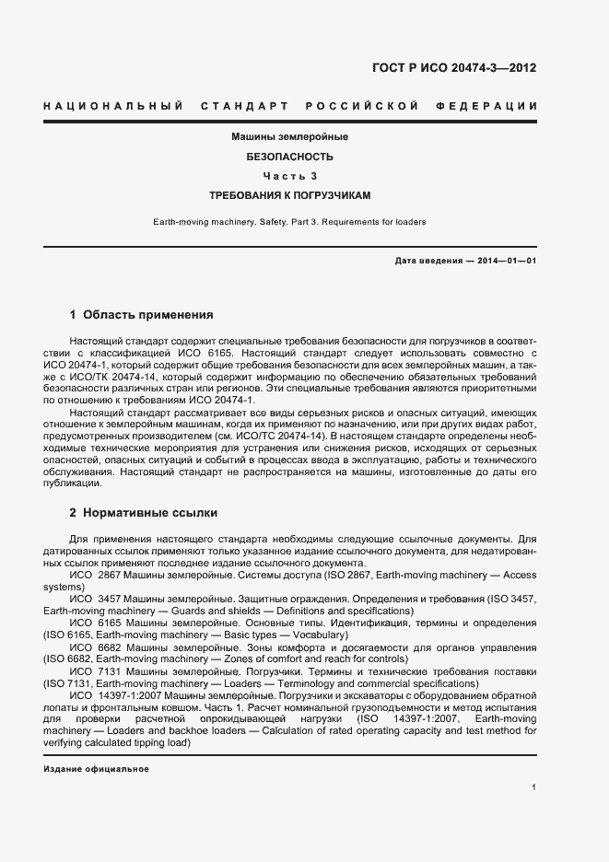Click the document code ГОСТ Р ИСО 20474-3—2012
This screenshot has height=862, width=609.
pos(454,67)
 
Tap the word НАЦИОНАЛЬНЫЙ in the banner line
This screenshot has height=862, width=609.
pos(113,107)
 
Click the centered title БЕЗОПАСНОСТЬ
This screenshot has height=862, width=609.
pos(289,157)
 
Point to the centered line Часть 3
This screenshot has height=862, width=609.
pos(289,176)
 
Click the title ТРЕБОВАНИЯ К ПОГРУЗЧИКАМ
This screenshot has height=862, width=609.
pos(289,195)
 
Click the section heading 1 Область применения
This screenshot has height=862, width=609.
pos(141,314)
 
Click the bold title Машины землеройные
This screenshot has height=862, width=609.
pos(289,137)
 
